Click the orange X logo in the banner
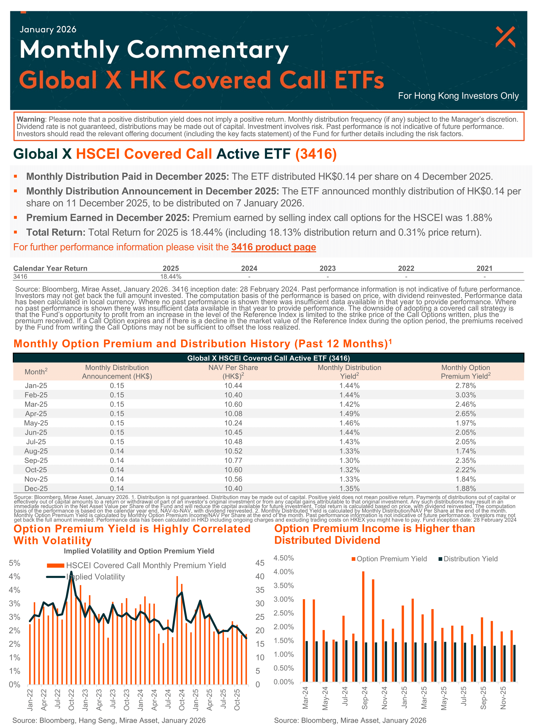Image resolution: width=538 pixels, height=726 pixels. [505, 37]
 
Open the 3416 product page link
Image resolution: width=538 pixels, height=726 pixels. [274, 247]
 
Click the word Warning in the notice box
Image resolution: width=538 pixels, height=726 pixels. [31, 119]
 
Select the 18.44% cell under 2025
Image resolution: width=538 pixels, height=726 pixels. [171, 277]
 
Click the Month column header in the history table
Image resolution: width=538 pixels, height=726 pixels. [36, 372]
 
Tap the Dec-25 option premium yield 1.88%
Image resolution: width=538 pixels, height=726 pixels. [465, 489]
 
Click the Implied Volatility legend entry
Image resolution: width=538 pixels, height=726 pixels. [95, 577]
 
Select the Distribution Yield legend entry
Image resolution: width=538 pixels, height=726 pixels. [470, 559]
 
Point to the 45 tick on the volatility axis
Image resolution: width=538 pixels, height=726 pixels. [260, 563]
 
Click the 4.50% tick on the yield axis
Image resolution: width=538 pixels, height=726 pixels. [284, 558]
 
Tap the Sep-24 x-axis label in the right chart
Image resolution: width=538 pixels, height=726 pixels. [365, 697]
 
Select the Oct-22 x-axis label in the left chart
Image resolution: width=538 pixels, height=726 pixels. [71, 699]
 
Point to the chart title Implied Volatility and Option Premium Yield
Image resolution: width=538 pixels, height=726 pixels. [139, 551]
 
